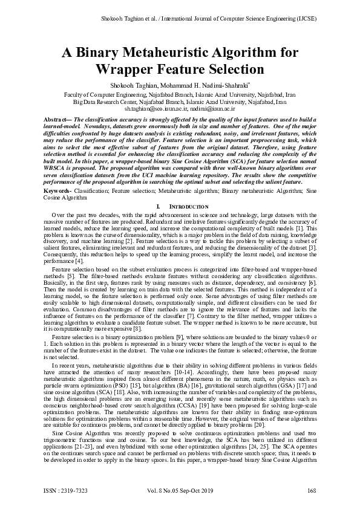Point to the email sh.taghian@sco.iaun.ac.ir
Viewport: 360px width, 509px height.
(x=156, y=109)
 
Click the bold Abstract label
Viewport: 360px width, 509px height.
(x=57, y=120)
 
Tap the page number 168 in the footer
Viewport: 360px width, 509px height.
(x=312, y=490)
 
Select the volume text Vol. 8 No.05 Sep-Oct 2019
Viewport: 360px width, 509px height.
(x=180, y=490)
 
